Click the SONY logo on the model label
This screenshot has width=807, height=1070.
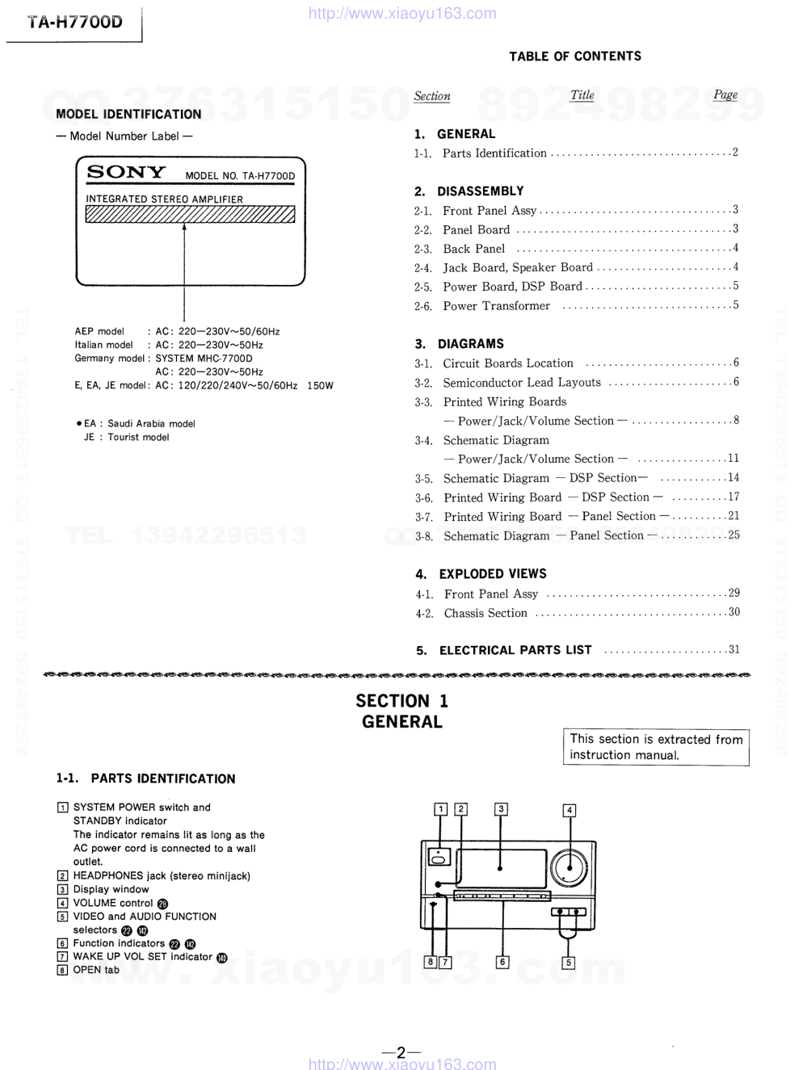(x=126, y=172)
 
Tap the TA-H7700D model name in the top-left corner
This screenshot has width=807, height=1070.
(x=74, y=22)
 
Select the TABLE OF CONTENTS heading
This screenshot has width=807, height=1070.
(x=574, y=56)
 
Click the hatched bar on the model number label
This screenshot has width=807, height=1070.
(x=190, y=214)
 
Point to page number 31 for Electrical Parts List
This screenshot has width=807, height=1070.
(x=733, y=649)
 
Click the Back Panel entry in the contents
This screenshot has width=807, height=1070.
(x=473, y=249)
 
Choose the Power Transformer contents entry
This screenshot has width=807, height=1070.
(x=496, y=306)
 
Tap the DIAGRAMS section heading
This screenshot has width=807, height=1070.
(x=470, y=344)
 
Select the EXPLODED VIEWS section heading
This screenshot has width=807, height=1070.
(x=492, y=574)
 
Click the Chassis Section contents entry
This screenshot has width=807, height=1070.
(x=485, y=614)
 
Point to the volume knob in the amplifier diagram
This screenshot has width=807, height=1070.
(x=569, y=868)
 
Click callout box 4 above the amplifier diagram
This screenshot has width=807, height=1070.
(x=570, y=810)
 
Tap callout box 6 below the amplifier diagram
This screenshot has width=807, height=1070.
(x=502, y=962)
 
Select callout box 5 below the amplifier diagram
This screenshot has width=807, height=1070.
(x=569, y=963)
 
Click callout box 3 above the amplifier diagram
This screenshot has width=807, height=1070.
(x=501, y=809)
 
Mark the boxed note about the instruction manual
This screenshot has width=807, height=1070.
(x=656, y=747)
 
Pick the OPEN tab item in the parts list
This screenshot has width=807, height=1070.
(x=95, y=971)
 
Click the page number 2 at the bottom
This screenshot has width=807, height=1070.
(x=401, y=1053)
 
